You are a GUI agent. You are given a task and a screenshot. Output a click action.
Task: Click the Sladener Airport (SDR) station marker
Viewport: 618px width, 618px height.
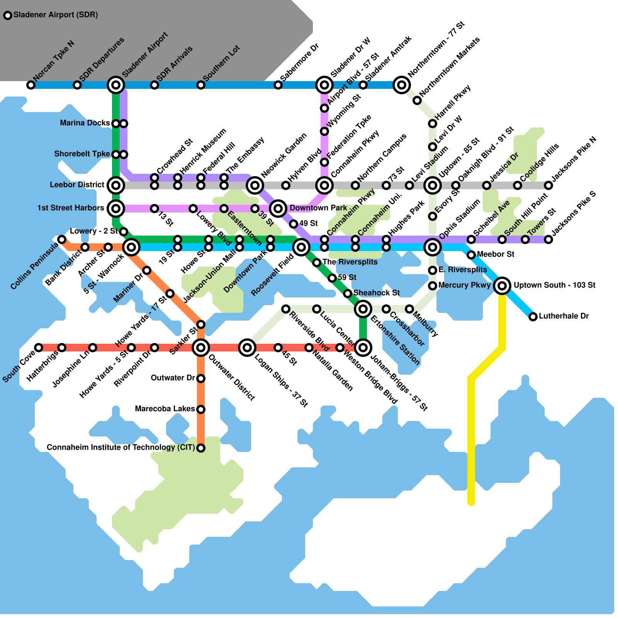pos(8,15)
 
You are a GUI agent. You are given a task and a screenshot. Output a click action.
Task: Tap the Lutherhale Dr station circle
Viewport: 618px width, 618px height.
pos(533,317)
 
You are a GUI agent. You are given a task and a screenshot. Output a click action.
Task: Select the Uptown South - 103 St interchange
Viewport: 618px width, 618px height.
pos(502,286)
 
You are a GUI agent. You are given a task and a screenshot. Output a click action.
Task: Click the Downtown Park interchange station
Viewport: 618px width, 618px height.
pos(278,209)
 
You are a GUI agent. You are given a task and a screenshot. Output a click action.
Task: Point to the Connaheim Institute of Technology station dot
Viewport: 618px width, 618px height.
pos(201,448)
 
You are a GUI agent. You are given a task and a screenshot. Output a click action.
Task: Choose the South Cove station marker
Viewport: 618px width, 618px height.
pos(39,348)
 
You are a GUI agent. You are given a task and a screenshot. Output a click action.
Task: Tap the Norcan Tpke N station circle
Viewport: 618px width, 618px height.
pos(31,85)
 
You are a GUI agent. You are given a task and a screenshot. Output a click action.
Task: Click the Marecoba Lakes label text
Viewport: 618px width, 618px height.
pos(165,409)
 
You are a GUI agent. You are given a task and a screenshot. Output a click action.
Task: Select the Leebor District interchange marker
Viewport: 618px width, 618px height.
pos(116,185)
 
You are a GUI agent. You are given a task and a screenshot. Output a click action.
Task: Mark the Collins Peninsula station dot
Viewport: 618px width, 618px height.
pos(62,239)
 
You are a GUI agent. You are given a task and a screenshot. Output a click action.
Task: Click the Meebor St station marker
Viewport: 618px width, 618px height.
pos(471,255)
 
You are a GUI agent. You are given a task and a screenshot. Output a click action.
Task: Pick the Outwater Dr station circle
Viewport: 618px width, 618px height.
pos(201,379)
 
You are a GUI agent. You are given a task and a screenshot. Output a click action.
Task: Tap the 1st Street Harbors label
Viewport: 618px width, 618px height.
pos(71,208)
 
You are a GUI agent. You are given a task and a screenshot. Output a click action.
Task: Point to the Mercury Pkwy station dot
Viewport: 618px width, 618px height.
pos(433,286)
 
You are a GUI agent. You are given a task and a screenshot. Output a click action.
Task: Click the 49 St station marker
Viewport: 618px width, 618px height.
pos(294,224)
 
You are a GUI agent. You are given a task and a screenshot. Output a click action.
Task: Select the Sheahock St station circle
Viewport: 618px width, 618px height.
pos(348,294)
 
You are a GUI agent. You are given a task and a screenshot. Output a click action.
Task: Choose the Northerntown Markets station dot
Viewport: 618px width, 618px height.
pos(417,100)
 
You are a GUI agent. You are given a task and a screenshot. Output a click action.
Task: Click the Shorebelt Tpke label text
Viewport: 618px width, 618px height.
pos(82,154)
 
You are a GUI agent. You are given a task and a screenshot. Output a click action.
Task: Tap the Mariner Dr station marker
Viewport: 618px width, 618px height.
pos(147,270)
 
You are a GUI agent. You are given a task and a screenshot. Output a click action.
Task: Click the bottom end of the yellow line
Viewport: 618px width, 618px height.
pos(471,503)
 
